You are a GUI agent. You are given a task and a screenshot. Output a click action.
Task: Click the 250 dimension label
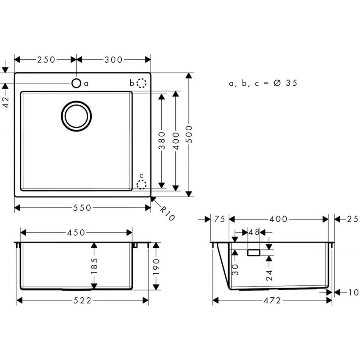click(46, 60)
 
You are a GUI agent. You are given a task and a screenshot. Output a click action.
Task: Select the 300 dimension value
click(114, 60)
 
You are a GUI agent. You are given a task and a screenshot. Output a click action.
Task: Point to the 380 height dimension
click(162, 140)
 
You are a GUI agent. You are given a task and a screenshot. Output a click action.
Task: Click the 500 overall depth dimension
click(189, 134)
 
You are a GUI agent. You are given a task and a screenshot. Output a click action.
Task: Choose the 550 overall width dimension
click(82, 208)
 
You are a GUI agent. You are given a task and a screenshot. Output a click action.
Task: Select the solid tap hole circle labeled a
click(76, 83)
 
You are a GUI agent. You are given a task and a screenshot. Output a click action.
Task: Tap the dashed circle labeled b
click(142, 84)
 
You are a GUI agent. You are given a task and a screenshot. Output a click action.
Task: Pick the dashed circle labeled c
click(141, 185)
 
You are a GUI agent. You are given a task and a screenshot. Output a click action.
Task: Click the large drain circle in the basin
click(76, 116)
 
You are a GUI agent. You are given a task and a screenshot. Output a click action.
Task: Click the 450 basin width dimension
click(76, 233)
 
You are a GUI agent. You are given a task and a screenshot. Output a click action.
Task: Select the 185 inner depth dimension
click(94, 266)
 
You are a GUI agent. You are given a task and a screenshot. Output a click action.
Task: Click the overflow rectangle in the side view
click(254, 252)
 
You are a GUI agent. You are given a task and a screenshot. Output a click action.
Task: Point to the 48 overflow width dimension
click(254, 233)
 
